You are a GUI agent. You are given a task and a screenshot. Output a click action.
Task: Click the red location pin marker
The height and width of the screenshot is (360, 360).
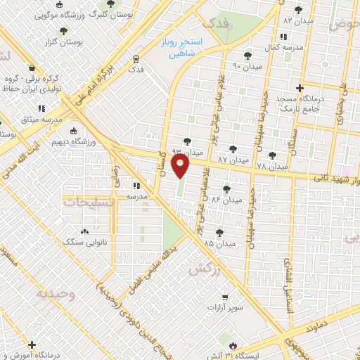[181, 167]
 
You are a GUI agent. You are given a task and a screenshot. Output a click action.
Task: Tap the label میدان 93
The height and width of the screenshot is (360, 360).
[186, 151]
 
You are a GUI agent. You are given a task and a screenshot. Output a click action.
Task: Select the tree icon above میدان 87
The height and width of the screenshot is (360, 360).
[233, 149]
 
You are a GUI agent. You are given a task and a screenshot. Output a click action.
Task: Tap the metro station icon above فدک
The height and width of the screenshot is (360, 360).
[136, 59]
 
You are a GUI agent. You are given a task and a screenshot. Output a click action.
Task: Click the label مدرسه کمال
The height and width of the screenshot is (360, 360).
[284, 47]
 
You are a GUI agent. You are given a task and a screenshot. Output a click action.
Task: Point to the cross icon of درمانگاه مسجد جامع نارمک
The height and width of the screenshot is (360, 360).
[300, 88]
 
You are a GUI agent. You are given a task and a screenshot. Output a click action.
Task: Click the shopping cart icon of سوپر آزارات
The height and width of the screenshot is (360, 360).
[224, 297]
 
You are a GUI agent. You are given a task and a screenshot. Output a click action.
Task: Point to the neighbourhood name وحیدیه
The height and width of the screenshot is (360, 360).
[57, 294]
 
